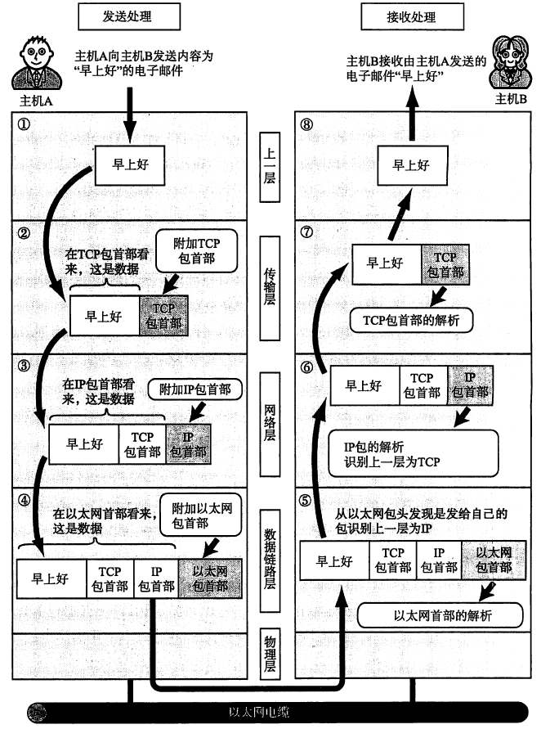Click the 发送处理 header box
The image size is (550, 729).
129,16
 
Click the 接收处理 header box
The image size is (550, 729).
409,16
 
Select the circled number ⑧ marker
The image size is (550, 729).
306,125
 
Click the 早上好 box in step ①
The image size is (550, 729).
129,166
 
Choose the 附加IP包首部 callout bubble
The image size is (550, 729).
195,389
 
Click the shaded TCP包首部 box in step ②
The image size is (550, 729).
164,315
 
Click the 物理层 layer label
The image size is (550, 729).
270,652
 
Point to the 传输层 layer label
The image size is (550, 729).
270,283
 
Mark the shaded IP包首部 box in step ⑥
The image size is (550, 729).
470,385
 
